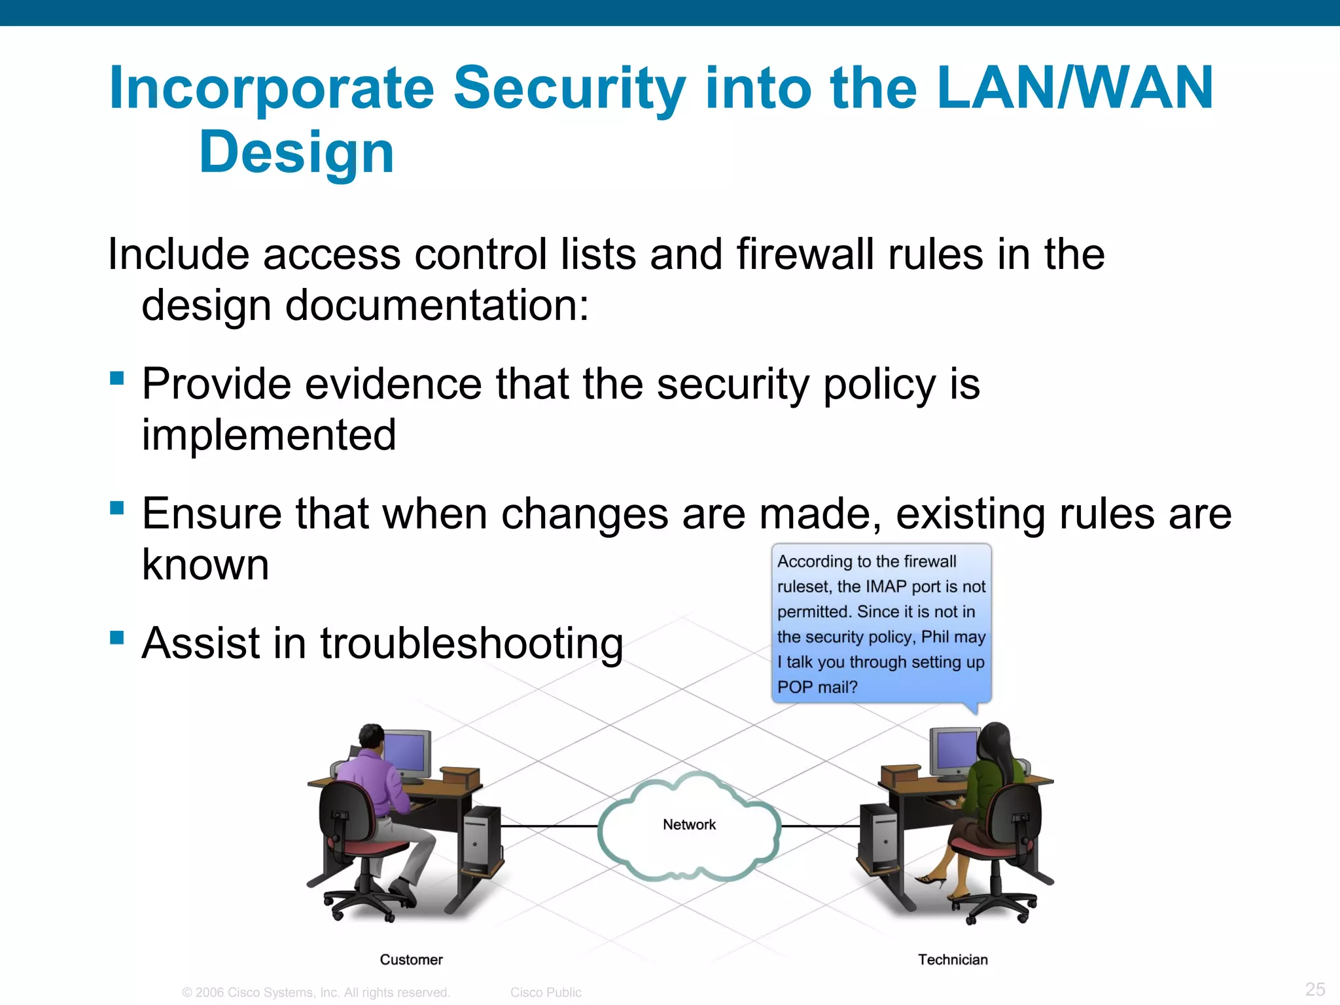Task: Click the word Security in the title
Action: pos(569,88)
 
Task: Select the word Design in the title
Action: pos(296,152)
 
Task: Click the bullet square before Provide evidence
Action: pos(117,378)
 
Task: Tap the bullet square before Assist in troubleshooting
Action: pos(117,637)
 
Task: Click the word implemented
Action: pos(269,434)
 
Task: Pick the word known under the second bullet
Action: pos(205,564)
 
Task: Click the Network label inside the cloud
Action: pos(689,824)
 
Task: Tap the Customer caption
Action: pos(411,959)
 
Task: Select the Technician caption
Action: pos(953,959)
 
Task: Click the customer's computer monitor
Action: pos(407,752)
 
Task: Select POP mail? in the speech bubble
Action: pos(817,687)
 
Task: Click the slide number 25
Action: pos(1314,989)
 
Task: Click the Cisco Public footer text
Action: pos(546,992)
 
